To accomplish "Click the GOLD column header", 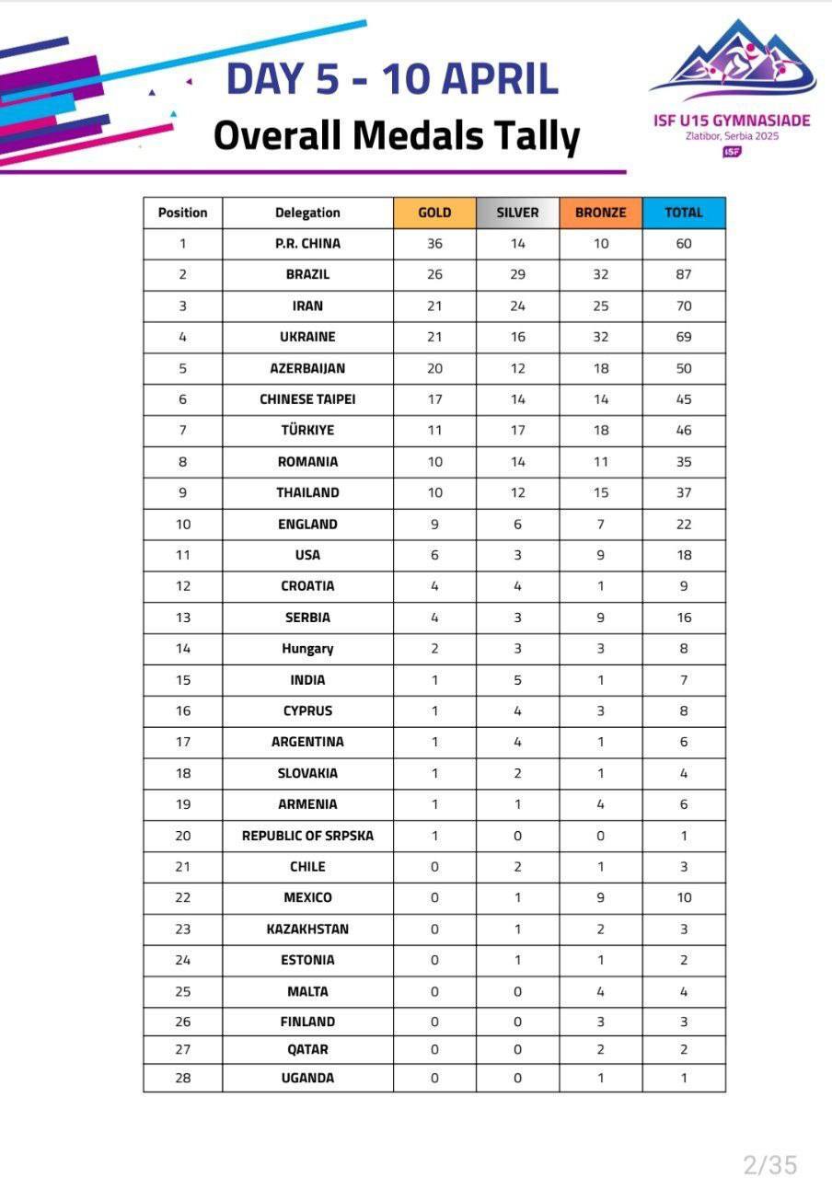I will tap(434, 213).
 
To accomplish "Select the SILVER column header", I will tap(517, 213).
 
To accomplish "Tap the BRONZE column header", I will tap(600, 213).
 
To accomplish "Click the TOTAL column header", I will tap(684, 213).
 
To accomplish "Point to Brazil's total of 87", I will tap(684, 274).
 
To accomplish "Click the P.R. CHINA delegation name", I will tap(307, 244).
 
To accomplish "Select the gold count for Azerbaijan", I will tap(434, 368).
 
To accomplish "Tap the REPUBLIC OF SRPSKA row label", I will tap(307, 836).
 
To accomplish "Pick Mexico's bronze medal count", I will tap(600, 897).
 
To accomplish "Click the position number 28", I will tap(182, 1078).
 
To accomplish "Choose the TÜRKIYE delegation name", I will tap(307, 430).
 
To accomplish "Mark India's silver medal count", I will tap(517, 680).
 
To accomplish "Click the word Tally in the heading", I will tap(536, 135).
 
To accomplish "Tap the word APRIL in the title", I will tap(497, 79).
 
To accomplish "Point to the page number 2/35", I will tap(769, 1165).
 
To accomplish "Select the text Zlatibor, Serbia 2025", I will tap(732, 136).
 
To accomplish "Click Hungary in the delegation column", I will tap(307, 649).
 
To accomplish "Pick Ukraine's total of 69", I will tap(684, 337).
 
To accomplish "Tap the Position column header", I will tap(182, 213).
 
